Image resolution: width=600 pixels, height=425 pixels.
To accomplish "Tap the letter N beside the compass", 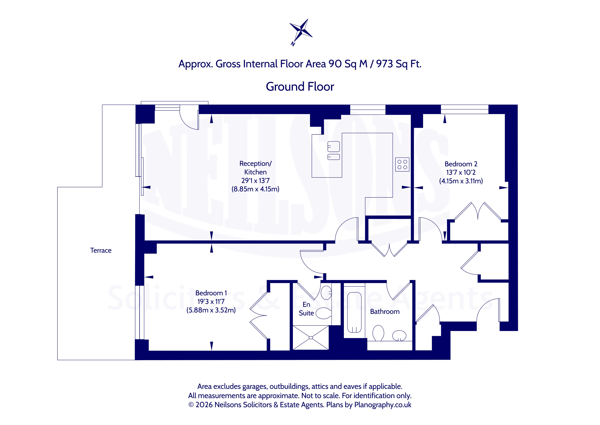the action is coord(293,44).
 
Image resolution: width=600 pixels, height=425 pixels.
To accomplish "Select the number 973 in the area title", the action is coord(384,64).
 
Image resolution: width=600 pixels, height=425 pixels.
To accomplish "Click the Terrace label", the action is coord(101,250).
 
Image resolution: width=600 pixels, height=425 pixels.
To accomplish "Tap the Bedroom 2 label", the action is coord(461,164).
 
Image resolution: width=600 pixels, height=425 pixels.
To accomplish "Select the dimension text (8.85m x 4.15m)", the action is coord(255,189).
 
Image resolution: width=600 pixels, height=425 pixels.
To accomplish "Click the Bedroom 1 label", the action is coord(211,293).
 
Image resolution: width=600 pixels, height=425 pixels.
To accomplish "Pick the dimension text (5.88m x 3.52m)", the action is coord(211,310).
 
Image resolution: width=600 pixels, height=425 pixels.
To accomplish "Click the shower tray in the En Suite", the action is coord(311,338).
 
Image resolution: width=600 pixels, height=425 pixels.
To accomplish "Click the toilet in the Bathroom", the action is coord(378,333).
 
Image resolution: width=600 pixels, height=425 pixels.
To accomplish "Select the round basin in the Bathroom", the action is coord(399,336).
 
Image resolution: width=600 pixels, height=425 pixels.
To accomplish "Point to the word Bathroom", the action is coord(385,312).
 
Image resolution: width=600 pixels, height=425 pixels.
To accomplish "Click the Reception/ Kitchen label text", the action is coord(255,168).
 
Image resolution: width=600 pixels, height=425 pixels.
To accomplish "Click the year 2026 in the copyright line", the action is coord(204,405).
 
